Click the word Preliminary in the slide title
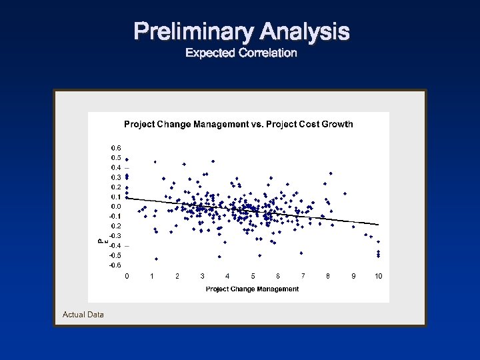(x=194, y=31)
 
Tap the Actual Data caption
(x=83, y=314)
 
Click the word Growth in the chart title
(x=337, y=124)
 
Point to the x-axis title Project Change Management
(x=252, y=289)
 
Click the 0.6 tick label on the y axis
(x=116, y=148)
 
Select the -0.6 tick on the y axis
(x=115, y=265)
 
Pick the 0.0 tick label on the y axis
(x=116, y=207)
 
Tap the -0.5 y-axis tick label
(x=115, y=255)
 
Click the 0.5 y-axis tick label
(x=116, y=157)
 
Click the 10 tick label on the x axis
(x=378, y=276)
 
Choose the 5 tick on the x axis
(x=253, y=276)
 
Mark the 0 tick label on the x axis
(x=127, y=276)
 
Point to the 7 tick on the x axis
(x=303, y=276)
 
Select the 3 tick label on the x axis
(x=202, y=276)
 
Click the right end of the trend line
(x=378, y=224)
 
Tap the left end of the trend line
(x=127, y=198)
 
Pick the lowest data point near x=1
(x=156, y=259)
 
